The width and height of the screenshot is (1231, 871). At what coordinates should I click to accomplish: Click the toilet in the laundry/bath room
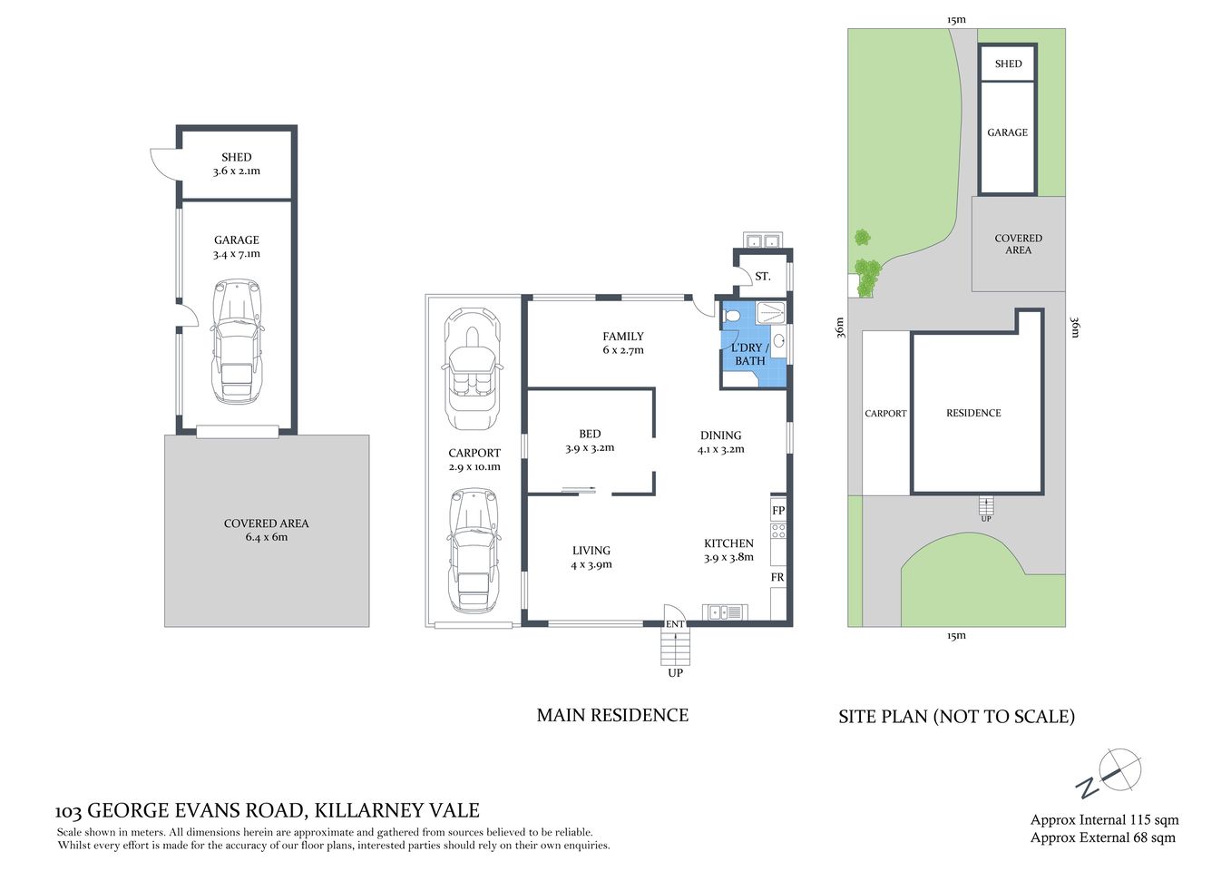(x=732, y=315)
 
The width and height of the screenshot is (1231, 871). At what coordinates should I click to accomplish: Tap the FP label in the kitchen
(x=778, y=511)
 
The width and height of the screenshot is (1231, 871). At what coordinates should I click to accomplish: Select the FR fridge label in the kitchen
(x=777, y=577)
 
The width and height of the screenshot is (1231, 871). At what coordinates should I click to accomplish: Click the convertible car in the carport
(x=471, y=370)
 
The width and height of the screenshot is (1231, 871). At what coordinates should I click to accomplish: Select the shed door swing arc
(x=163, y=163)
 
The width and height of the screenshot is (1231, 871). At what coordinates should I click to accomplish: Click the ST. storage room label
(x=762, y=277)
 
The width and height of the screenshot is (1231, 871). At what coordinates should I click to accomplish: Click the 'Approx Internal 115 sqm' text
(x=1104, y=820)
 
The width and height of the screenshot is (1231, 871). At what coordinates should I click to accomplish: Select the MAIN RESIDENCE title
(x=612, y=716)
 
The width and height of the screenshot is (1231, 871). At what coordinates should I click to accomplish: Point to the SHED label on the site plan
(x=1008, y=64)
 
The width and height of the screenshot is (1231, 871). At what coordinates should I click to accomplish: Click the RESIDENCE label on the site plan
(x=973, y=413)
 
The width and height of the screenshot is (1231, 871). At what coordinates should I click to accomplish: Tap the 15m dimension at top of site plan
(x=956, y=20)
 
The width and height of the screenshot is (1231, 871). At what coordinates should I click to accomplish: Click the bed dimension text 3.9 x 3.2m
(x=590, y=448)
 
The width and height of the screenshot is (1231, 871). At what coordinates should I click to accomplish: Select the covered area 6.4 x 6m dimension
(x=266, y=537)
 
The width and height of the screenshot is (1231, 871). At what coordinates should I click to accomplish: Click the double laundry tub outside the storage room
(x=762, y=240)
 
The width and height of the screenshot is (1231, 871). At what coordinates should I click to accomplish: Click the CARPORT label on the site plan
(x=885, y=414)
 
